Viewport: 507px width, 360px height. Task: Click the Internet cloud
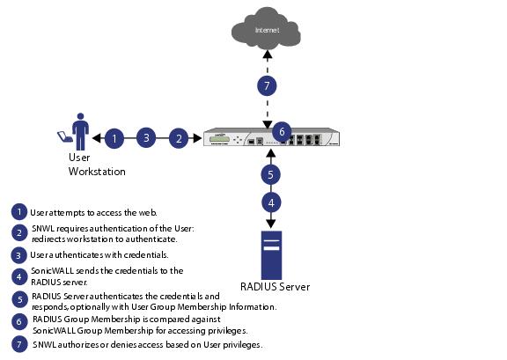pos(266,29)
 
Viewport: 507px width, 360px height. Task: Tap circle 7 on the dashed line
pos(267,85)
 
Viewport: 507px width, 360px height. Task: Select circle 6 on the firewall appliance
pos(282,132)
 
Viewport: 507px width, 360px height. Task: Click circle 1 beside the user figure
pos(114,138)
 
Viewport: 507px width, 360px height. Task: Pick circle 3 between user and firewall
pos(146,138)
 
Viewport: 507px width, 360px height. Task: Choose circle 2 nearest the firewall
pos(179,138)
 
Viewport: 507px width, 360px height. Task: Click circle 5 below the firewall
pos(270,174)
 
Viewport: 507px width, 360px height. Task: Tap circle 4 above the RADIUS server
pos(271,202)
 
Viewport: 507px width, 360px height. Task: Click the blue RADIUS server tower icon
pos(272,255)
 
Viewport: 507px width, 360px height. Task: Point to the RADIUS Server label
pos(275,287)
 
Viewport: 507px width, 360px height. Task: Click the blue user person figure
pos(80,132)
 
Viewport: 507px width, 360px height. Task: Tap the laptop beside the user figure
pos(65,136)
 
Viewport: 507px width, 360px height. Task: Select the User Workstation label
pos(97,165)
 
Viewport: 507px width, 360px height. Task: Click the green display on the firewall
pos(219,139)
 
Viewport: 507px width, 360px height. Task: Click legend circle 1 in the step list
pos(19,212)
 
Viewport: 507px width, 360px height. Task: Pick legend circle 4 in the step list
pos(19,277)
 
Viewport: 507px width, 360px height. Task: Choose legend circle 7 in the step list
pos(19,344)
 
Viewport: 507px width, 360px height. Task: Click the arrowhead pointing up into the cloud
pos(267,54)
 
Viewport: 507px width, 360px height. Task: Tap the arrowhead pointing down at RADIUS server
pos(271,224)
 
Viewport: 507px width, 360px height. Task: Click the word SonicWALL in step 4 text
pos(53,271)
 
